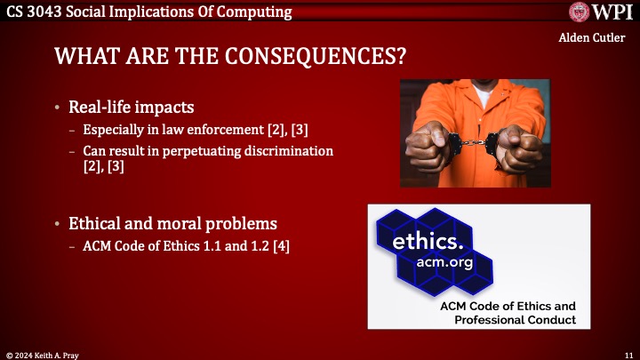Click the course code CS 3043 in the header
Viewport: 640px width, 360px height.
[x=31, y=11]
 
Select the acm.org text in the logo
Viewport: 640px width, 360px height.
[x=445, y=263]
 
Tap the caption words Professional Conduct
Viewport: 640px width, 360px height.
[x=515, y=320]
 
